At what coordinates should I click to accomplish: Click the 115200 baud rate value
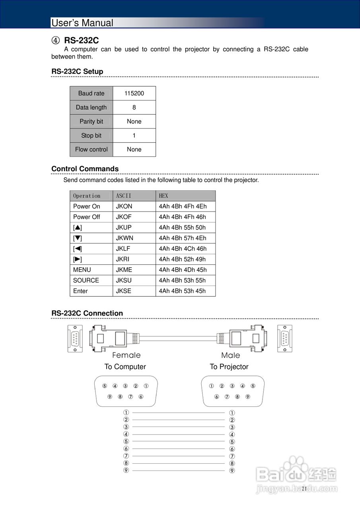[134, 93]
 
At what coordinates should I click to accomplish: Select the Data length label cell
[91, 107]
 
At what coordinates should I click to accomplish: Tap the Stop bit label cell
[91, 136]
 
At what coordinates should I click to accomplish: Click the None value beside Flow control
[134, 150]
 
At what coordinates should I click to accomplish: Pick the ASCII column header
[123, 196]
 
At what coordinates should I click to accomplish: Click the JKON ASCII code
[124, 206]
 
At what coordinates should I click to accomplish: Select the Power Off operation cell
[87, 217]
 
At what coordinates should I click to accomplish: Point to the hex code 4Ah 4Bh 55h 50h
[182, 227]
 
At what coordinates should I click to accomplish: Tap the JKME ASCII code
[124, 270]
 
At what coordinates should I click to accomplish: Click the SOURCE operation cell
[86, 280]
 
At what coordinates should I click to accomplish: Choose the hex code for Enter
[182, 291]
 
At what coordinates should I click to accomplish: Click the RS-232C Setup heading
[77, 72]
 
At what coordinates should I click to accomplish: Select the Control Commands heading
[85, 169]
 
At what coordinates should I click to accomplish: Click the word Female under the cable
[126, 355]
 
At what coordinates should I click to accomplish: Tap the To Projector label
[229, 367]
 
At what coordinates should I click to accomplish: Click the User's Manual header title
[82, 23]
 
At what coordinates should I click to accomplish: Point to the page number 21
[304, 489]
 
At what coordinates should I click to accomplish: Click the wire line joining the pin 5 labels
[179, 441]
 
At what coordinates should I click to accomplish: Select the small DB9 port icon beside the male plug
[285, 338]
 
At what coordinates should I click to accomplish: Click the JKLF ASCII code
[123, 249]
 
